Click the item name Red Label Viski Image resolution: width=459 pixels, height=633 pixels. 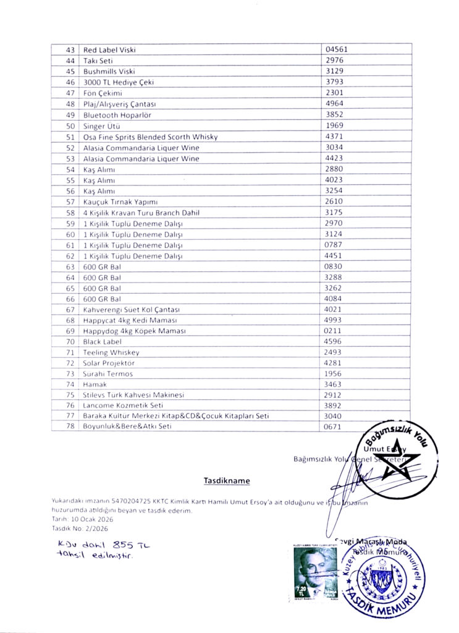point(109,49)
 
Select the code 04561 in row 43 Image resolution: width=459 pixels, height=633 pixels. point(335,49)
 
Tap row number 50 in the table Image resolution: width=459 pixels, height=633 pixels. point(70,125)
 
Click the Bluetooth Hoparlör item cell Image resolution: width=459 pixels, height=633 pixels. point(117,115)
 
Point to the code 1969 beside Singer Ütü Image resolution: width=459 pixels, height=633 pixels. point(334,125)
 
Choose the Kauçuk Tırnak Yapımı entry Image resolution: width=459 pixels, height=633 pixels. point(121,202)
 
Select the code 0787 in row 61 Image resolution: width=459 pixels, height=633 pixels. point(334,245)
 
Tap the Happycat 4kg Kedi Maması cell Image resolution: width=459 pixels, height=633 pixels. point(130,320)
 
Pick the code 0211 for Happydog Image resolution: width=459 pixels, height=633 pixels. point(334,331)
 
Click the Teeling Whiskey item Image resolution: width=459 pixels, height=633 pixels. point(111,352)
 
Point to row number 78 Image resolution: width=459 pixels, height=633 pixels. point(70,427)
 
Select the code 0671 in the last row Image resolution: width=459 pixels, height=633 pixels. point(334,427)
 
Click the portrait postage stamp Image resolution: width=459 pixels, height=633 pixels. point(308,574)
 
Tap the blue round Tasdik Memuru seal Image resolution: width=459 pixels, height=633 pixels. point(383,578)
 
